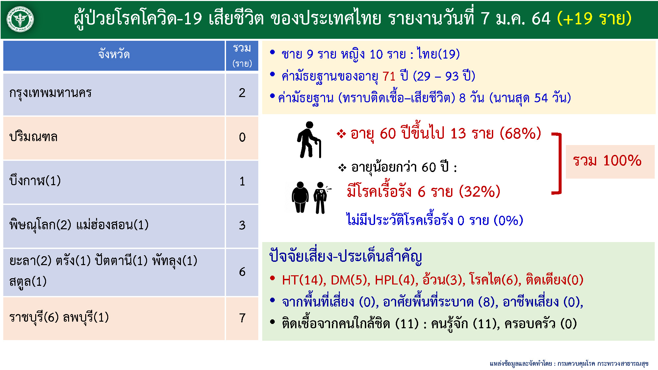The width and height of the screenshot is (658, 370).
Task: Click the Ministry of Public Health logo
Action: point(20,19)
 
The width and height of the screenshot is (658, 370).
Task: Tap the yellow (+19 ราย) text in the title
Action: point(594,18)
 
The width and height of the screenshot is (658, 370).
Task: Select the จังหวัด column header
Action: point(114,54)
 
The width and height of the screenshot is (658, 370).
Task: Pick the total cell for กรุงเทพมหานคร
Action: point(242,93)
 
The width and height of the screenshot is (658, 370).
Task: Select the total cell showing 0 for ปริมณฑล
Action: point(242,137)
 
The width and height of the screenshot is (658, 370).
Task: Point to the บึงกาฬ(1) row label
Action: point(35,181)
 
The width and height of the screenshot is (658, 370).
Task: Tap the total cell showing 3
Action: point(242,225)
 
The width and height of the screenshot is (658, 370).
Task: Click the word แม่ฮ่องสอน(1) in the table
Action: point(112,225)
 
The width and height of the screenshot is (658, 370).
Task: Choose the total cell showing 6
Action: point(242,272)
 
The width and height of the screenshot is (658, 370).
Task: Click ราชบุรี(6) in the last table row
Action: point(34,317)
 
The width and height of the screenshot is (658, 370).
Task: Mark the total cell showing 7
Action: point(242,318)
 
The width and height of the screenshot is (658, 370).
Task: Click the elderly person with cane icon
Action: point(309,140)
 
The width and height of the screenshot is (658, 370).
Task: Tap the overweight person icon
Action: point(300,197)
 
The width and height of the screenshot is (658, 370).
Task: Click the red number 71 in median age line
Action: point(389,76)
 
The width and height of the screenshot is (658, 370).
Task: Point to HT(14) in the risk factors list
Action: point(304,280)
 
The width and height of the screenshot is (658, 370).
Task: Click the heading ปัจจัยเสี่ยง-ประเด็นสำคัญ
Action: point(345,256)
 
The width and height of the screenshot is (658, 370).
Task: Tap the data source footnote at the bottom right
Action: point(569,363)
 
